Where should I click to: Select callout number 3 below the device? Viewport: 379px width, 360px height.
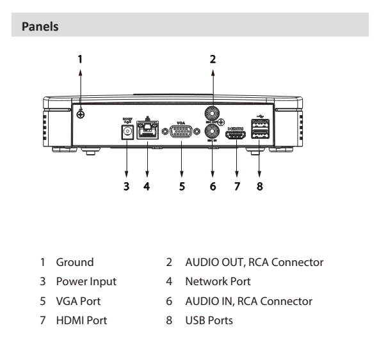127,187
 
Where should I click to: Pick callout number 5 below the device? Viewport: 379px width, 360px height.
181,187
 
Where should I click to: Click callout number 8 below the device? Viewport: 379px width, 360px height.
261,187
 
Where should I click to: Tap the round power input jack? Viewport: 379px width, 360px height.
127,132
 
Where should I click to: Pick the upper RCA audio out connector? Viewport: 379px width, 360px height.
213,113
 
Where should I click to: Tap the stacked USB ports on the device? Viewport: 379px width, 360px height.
261,132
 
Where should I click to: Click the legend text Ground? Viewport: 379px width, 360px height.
75,262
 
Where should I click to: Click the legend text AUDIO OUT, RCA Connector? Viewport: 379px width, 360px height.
244,262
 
